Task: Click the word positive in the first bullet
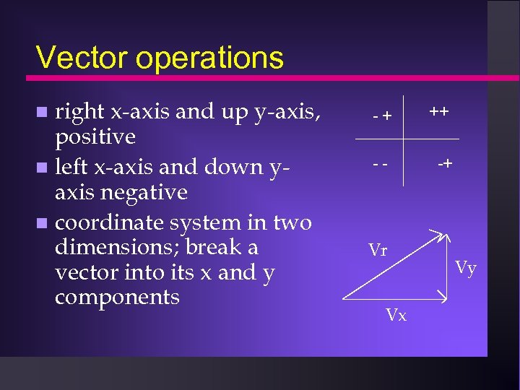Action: (x=95, y=137)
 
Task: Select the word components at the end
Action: (x=117, y=297)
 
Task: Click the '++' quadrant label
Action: (x=438, y=112)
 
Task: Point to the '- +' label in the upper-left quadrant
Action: (x=382, y=115)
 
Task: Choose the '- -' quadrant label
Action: (x=381, y=163)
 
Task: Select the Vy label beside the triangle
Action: (x=466, y=269)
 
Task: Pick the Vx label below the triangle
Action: (x=396, y=315)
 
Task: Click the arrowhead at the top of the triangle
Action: (x=442, y=234)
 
